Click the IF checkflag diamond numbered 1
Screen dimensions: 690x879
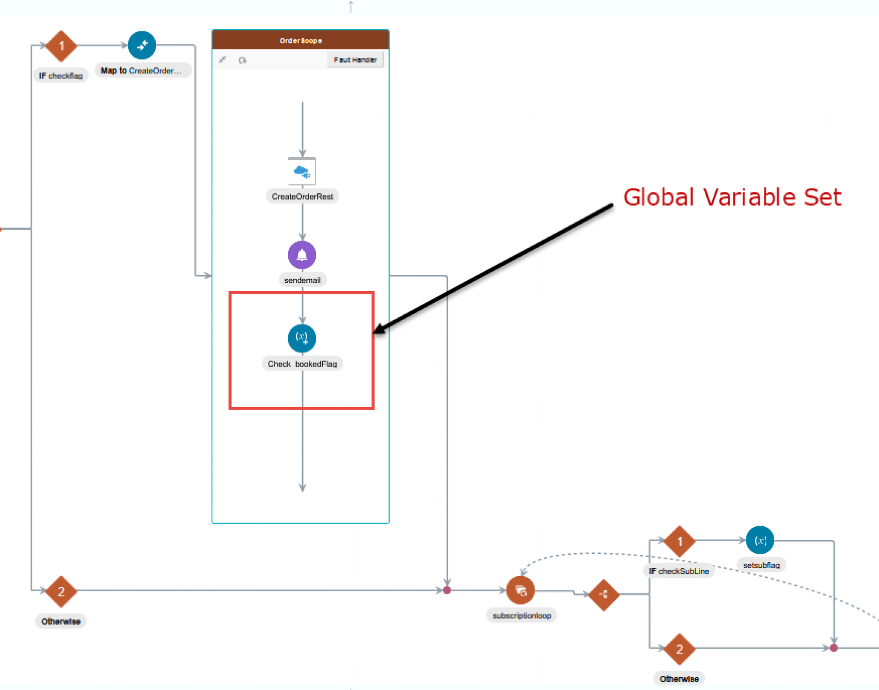click(x=61, y=46)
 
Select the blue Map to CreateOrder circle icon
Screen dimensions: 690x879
click(x=142, y=46)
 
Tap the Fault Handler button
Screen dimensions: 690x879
click(x=355, y=60)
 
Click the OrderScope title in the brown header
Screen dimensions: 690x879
click(x=300, y=41)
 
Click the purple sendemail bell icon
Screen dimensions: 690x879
click(x=302, y=255)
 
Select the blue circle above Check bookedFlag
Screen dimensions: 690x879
click(x=302, y=338)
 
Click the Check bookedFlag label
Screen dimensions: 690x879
click(x=302, y=364)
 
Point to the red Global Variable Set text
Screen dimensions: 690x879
click(x=732, y=198)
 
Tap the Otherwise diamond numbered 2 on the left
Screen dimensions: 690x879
click(x=61, y=592)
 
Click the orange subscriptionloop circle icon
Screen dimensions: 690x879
click(x=520, y=591)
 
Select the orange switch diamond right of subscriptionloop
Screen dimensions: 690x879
click(x=603, y=595)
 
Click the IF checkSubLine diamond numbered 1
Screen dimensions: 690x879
click(x=679, y=541)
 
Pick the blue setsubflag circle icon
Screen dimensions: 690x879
click(x=760, y=540)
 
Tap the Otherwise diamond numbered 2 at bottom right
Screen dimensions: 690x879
click(x=679, y=649)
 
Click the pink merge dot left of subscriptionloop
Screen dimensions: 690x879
click(x=447, y=590)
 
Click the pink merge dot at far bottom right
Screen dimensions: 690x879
click(x=834, y=647)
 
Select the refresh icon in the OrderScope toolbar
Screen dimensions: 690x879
click(x=242, y=61)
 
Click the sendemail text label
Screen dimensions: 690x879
click(x=302, y=280)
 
